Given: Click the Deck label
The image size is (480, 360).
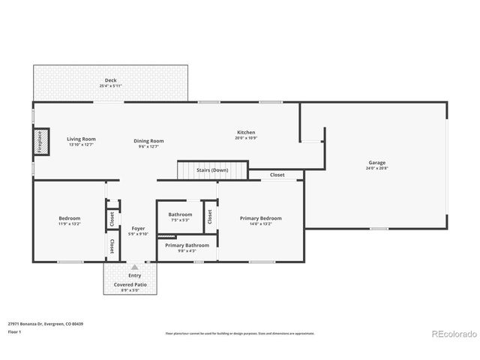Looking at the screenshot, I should (110, 80).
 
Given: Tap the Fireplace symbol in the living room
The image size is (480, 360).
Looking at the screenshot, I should (40, 141).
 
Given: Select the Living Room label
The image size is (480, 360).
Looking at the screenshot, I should (81, 139).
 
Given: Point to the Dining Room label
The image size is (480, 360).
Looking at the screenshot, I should (149, 141).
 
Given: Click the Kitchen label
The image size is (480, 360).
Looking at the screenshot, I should (246, 132).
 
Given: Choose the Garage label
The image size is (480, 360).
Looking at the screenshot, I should (376, 163).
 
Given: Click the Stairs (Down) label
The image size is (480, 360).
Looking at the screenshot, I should (212, 170).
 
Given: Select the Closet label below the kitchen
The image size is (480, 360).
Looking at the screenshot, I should (277, 175).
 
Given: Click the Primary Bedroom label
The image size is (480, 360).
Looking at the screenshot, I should (261, 218).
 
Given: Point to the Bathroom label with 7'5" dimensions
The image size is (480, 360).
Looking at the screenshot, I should (180, 214).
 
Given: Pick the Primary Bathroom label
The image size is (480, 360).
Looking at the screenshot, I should (187, 245).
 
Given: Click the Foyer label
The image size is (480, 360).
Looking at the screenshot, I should (138, 228).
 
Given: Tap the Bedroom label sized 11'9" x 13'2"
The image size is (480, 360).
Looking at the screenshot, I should (69, 218).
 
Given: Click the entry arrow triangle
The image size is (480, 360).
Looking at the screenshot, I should (135, 266).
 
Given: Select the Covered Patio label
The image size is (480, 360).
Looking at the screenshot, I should (130, 286).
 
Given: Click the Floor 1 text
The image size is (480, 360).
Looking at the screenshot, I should (14, 331).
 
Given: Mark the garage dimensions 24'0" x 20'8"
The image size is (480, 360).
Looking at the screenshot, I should (376, 169).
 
